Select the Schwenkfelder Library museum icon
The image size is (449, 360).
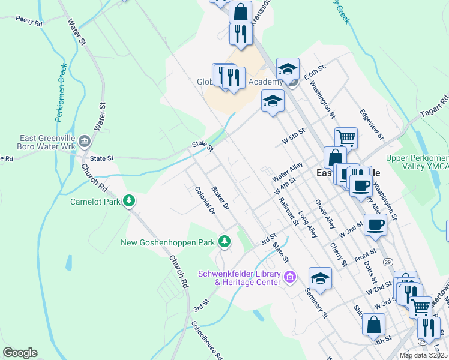coord(290,277)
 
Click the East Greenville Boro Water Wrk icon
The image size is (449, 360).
coord(84,142)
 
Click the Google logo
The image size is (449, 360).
coord(20,353)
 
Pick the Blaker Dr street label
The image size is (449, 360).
coord(221,197)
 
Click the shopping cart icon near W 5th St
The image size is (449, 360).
coord(346,138)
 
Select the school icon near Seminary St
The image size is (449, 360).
coord(320,278)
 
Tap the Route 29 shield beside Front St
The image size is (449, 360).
coord(388,262)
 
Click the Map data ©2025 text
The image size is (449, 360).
coord(423,355)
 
